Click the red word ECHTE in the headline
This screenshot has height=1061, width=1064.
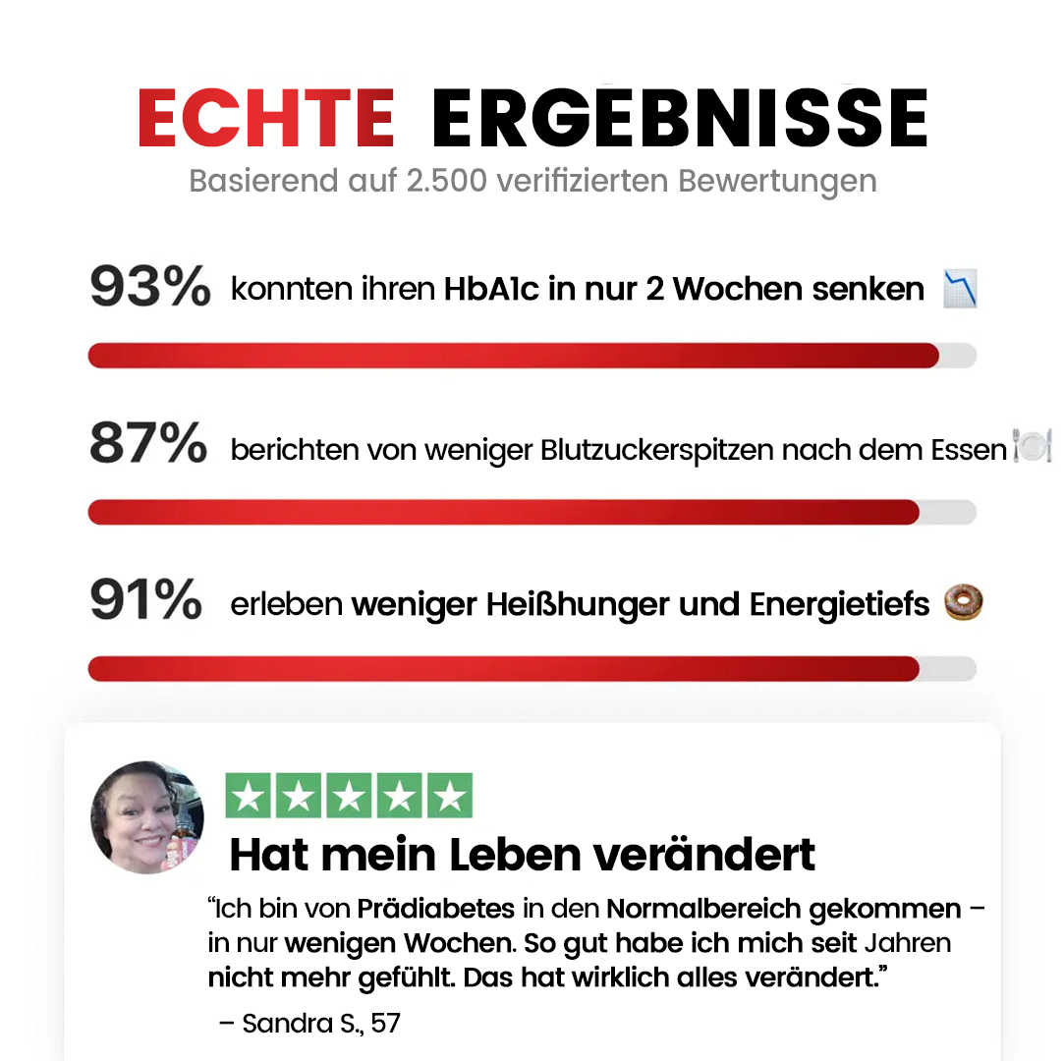[266, 118]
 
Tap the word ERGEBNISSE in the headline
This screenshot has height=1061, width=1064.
[680, 118]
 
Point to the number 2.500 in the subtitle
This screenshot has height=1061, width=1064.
[446, 181]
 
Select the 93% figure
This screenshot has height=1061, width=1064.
[150, 286]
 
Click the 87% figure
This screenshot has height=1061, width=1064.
[148, 442]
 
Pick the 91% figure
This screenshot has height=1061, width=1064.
[145, 599]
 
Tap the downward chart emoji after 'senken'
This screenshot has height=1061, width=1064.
[960, 288]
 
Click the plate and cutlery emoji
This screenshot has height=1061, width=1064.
[1033, 446]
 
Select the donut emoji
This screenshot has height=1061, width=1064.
[964, 602]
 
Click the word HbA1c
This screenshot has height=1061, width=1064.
[491, 289]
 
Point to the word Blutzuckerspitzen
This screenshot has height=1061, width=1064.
[657, 451]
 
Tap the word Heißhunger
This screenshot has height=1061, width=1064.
[578, 604]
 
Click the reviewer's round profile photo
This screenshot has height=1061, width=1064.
[147, 817]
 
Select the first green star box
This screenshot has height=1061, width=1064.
[249, 795]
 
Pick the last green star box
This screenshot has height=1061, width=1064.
[450, 795]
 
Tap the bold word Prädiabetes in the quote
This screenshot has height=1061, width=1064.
[436, 909]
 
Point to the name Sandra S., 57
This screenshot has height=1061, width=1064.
[321, 1023]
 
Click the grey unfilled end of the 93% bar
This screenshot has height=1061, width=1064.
[958, 356]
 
